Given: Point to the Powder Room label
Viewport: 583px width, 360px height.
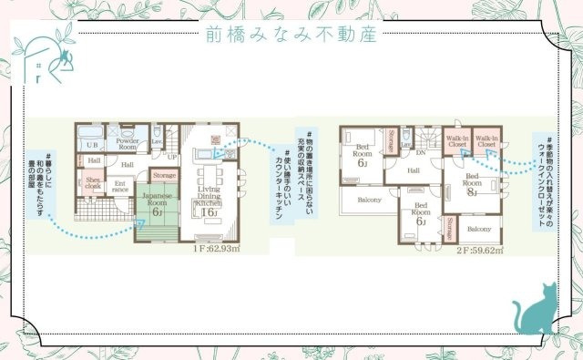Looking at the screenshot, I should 128,144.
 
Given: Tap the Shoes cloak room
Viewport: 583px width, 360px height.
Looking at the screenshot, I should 93,183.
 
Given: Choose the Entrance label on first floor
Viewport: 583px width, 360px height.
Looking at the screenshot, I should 120,187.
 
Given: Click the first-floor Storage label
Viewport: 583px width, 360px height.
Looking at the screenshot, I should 164,175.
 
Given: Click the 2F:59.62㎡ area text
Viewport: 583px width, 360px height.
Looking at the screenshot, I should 479,252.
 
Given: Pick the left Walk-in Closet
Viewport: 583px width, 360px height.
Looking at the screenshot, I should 456,141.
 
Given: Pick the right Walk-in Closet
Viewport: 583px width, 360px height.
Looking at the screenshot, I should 486,141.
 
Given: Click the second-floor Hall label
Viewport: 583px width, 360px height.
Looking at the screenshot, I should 413,170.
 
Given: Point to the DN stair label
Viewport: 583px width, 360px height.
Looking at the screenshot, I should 421,152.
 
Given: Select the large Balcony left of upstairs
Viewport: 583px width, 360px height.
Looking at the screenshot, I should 369,198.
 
